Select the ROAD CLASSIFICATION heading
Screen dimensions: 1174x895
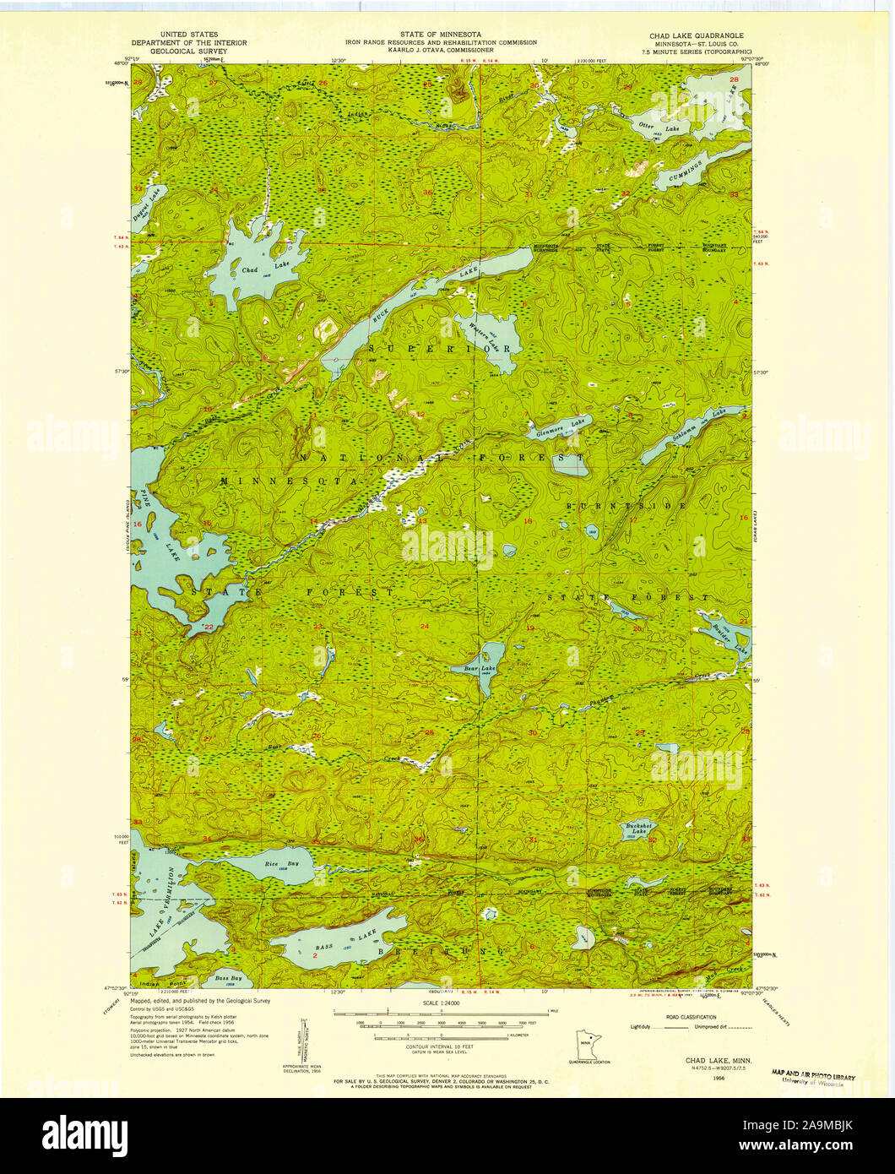click(x=692, y=1017)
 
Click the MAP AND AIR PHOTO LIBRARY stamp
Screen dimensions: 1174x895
click(x=813, y=1076)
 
